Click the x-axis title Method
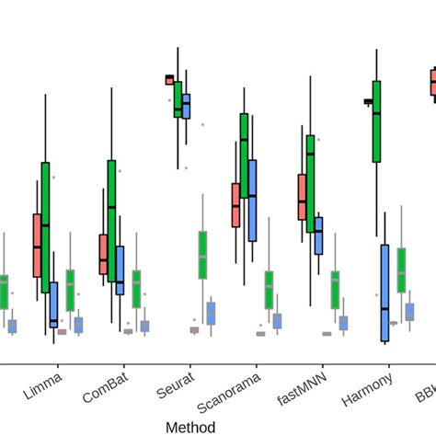coord(190,427)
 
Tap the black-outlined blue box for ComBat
coord(120,270)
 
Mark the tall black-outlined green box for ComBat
coord(111,221)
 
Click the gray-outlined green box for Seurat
coord(202,255)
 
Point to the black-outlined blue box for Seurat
coord(186,106)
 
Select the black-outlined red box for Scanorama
coord(235,205)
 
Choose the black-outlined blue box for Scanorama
coord(252,201)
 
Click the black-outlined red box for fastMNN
coord(302,197)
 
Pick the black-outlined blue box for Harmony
coord(384,293)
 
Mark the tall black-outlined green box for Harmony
coord(377,121)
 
